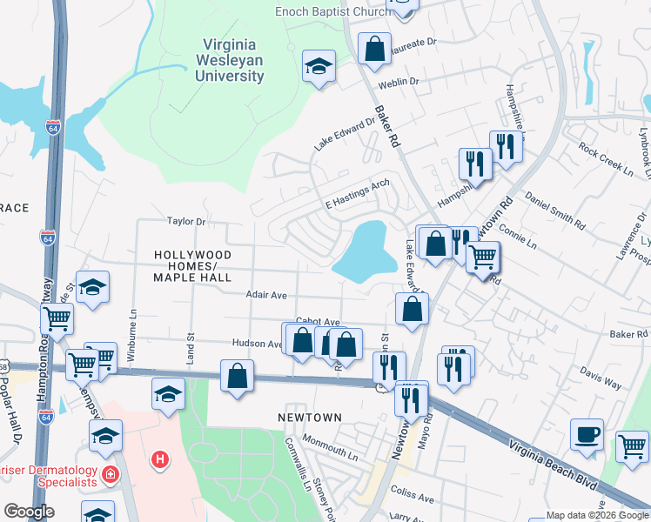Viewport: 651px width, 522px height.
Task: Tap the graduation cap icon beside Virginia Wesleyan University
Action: pyautogui.click(x=319, y=65)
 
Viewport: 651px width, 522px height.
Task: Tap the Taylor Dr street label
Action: pyautogui.click(x=186, y=222)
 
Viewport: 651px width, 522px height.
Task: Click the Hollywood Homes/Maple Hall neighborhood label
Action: pyautogui.click(x=192, y=265)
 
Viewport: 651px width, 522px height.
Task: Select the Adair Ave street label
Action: pyautogui.click(x=266, y=296)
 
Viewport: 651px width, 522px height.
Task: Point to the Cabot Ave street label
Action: pyautogui.click(x=316, y=320)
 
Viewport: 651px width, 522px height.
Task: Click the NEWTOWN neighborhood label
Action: pyautogui.click(x=309, y=418)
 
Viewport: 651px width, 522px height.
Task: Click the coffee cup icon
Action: pyautogui.click(x=587, y=434)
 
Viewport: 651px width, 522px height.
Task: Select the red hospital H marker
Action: pyautogui.click(x=159, y=458)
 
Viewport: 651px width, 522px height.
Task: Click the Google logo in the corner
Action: pyautogui.click(x=29, y=512)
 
